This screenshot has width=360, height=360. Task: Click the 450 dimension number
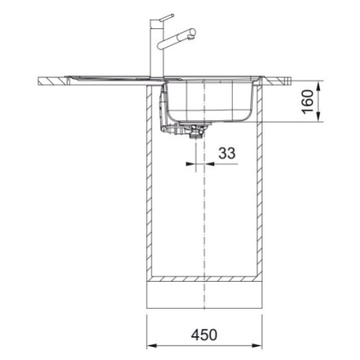pos(205,335)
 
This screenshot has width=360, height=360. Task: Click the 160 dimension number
pos(307,101)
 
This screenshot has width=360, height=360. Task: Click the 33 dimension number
pos(227,153)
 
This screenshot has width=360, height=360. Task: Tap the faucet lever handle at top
pos(167,18)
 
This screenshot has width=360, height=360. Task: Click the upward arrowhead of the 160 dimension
pos(318,86)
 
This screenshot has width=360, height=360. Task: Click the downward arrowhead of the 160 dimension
pos(318,116)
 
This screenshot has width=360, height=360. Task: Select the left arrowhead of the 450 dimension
pos(152,346)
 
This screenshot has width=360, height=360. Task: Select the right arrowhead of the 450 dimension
pos(257,346)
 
